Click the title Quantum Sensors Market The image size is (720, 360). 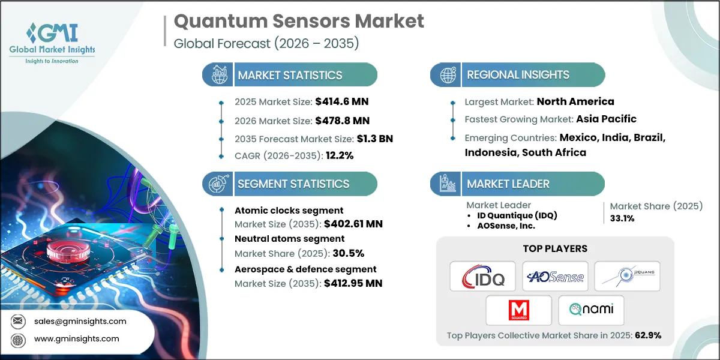(299, 22)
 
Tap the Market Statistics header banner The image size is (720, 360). (290, 75)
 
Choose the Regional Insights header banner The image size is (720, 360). (518, 75)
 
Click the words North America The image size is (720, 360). (575, 101)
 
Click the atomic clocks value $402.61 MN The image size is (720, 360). (353, 224)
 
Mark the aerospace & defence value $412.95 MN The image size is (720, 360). (353, 283)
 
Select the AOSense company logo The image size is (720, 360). (554, 277)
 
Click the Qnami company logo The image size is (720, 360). (591, 310)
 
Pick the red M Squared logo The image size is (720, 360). (518, 310)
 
